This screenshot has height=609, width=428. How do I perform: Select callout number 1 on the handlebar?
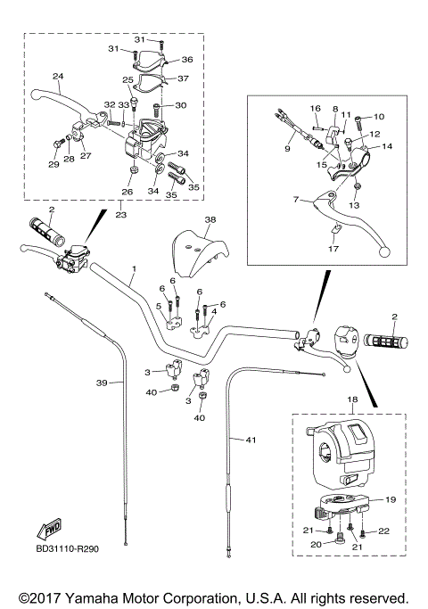click(134, 268)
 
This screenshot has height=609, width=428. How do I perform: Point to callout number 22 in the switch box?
click(384, 531)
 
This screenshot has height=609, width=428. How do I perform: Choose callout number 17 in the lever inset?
click(334, 249)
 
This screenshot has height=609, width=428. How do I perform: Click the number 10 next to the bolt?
click(377, 117)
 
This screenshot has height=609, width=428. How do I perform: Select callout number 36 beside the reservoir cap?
click(187, 60)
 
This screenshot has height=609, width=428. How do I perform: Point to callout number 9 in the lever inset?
click(287, 149)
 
